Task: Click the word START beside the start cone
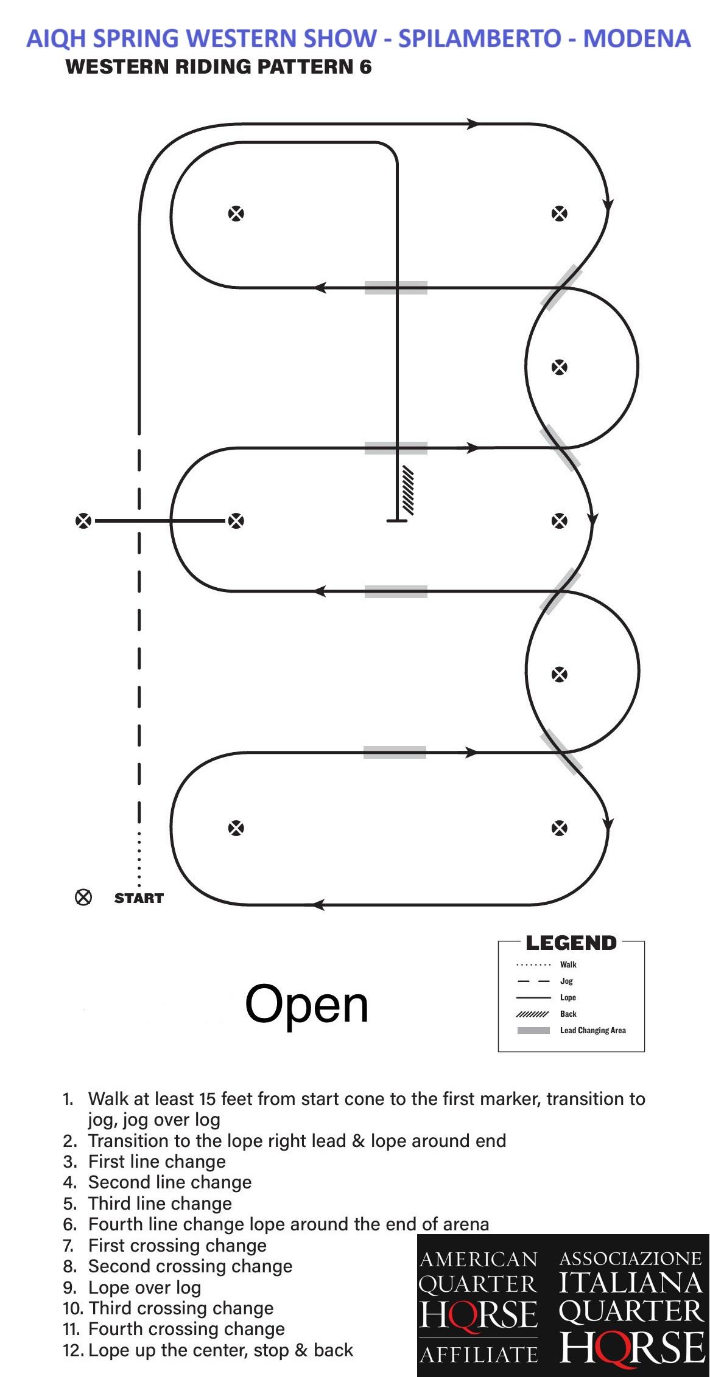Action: (x=139, y=898)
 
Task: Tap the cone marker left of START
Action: (x=83, y=898)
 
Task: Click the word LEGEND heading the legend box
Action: (x=571, y=943)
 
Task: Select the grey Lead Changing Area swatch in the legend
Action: (x=533, y=1030)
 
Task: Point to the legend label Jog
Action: (x=566, y=981)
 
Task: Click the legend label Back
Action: (x=568, y=1014)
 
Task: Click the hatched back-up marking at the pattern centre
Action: (x=406, y=490)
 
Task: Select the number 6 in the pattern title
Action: (x=365, y=66)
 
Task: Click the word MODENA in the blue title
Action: (x=637, y=38)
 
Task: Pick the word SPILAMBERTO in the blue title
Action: (x=480, y=38)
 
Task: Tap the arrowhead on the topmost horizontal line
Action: (x=473, y=124)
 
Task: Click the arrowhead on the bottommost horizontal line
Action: (x=318, y=905)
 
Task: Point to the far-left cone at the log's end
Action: (x=83, y=521)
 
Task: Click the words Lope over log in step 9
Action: (x=144, y=1287)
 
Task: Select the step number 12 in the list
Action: (x=73, y=1350)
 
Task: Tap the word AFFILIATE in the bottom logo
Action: (x=478, y=1355)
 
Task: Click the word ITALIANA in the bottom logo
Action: (x=631, y=1283)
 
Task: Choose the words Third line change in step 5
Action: (x=160, y=1203)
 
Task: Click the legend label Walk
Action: (x=568, y=964)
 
